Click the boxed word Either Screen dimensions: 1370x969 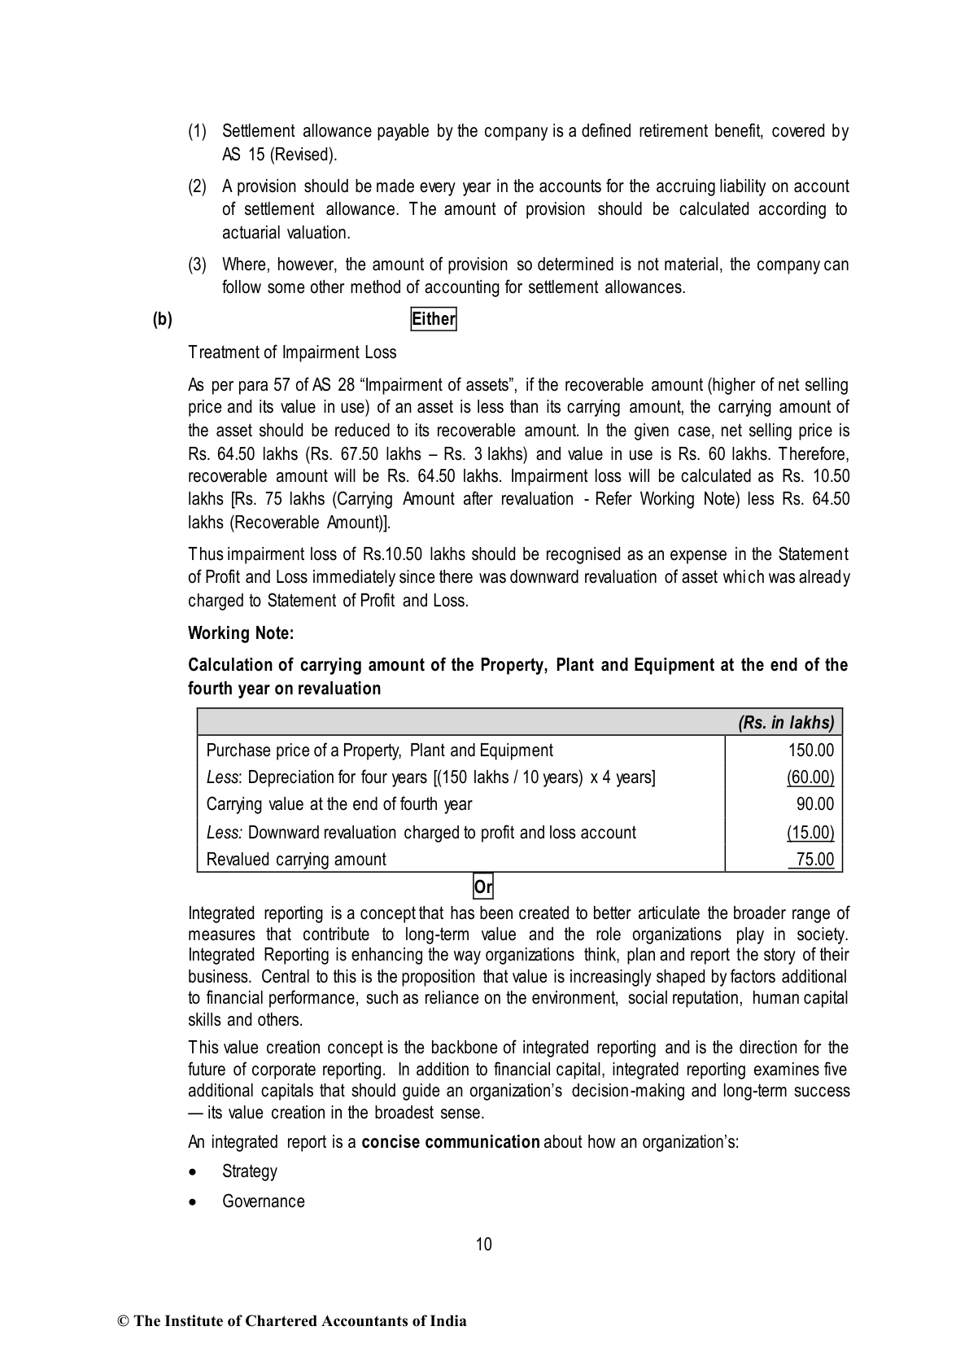coord(434,319)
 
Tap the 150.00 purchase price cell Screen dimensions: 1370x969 coord(811,751)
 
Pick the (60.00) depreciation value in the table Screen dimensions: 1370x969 coord(810,777)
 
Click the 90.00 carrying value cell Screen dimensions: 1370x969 coord(815,804)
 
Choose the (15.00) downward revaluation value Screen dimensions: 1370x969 coord(810,832)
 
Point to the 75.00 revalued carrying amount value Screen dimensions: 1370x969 coord(815,860)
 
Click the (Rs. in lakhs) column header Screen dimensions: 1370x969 coord(786,723)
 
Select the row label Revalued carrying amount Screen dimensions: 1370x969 coord(296,860)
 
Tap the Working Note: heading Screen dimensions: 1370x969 coord(241,632)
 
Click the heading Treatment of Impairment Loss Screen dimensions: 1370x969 coord(292,352)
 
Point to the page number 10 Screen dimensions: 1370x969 coord(484,1244)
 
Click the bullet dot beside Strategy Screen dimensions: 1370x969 coord(192,1172)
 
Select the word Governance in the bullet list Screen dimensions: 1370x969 coord(264,1201)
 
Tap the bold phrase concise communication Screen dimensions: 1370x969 coord(451,1141)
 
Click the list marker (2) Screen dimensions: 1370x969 coord(198,186)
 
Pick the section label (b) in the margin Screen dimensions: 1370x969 coord(163,319)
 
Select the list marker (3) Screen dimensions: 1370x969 coord(198,265)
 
